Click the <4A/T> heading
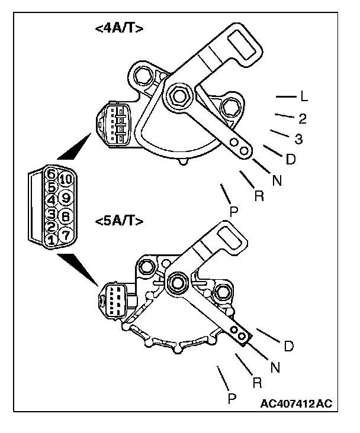(119, 28)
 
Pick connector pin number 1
(52, 240)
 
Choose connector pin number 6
(52, 175)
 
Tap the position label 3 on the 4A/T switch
(298, 138)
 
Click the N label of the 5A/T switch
(274, 367)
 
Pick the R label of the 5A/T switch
(256, 382)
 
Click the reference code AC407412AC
(295, 404)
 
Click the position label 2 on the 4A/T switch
(302, 118)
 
